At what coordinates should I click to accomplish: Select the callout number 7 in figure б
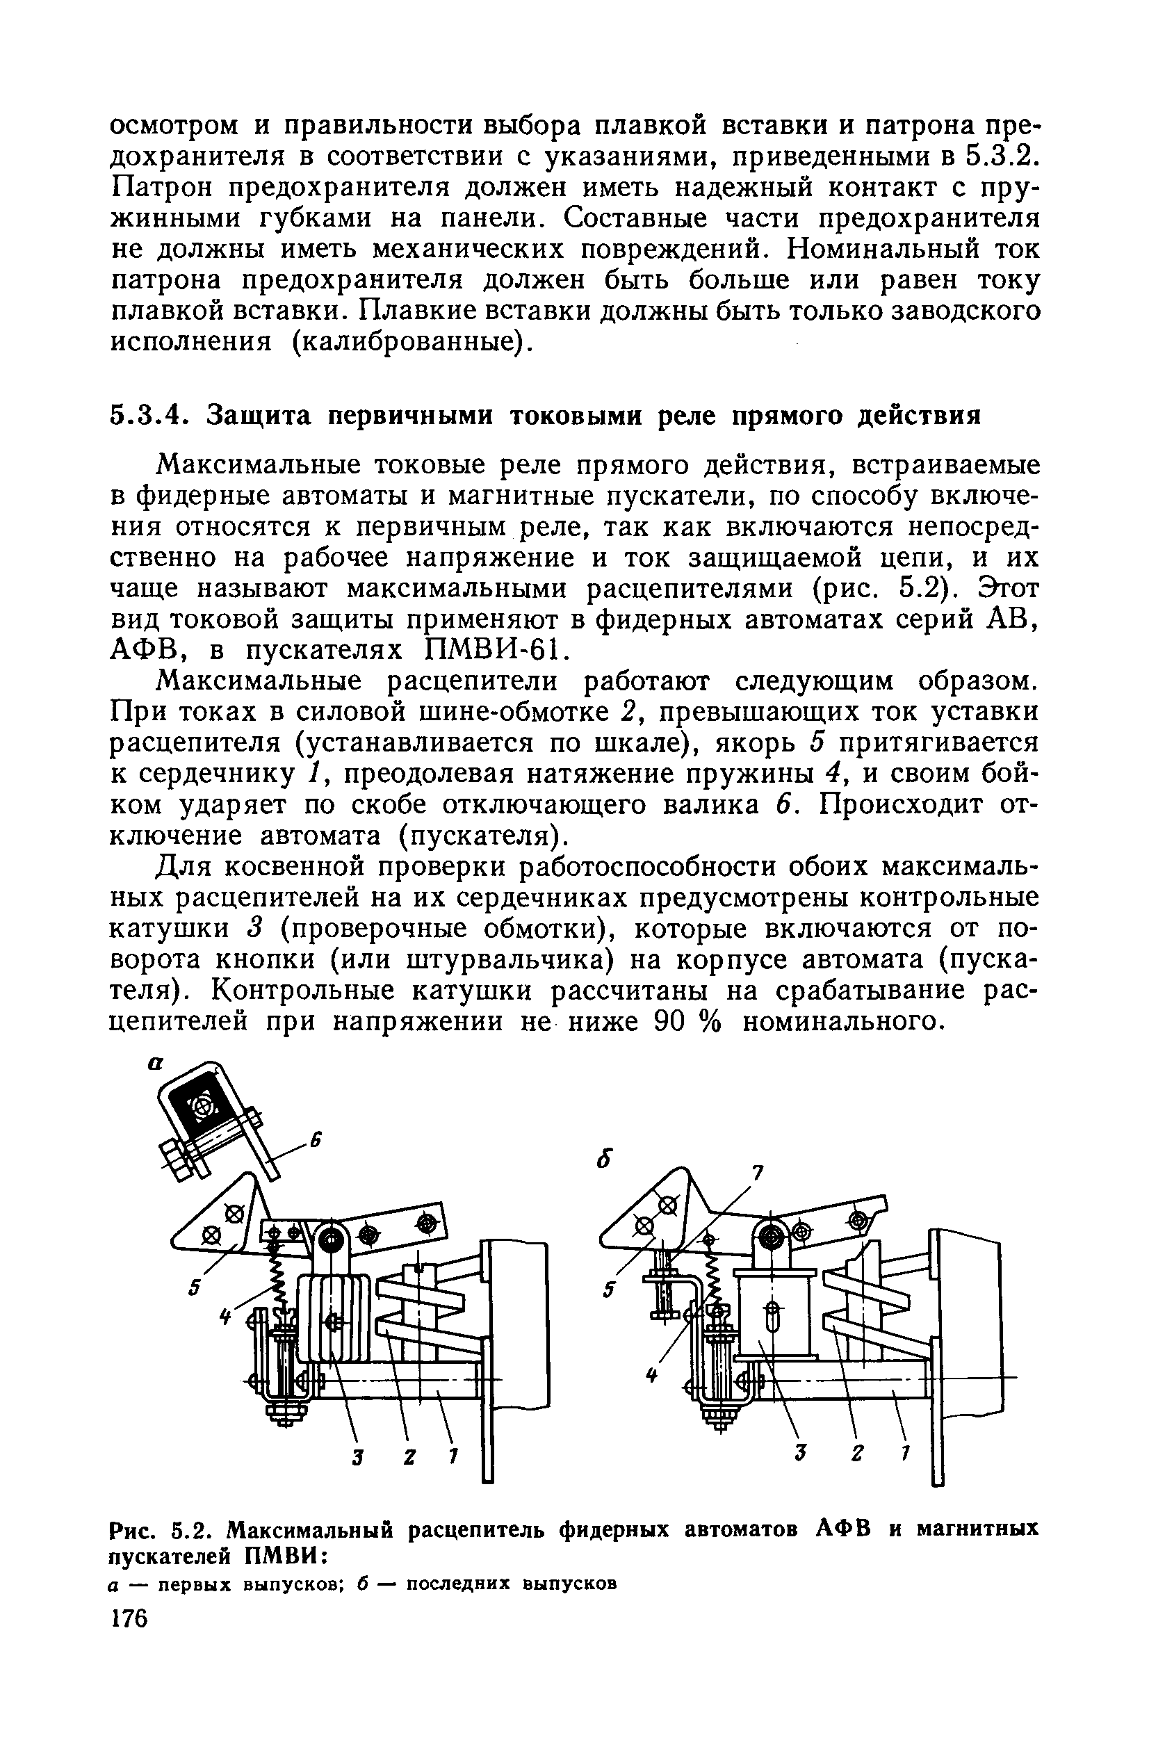coord(758,1173)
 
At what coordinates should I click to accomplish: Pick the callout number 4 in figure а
coord(226,1317)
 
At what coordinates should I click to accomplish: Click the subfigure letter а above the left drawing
coord(154,1064)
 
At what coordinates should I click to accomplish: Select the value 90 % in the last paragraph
coord(687,1021)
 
